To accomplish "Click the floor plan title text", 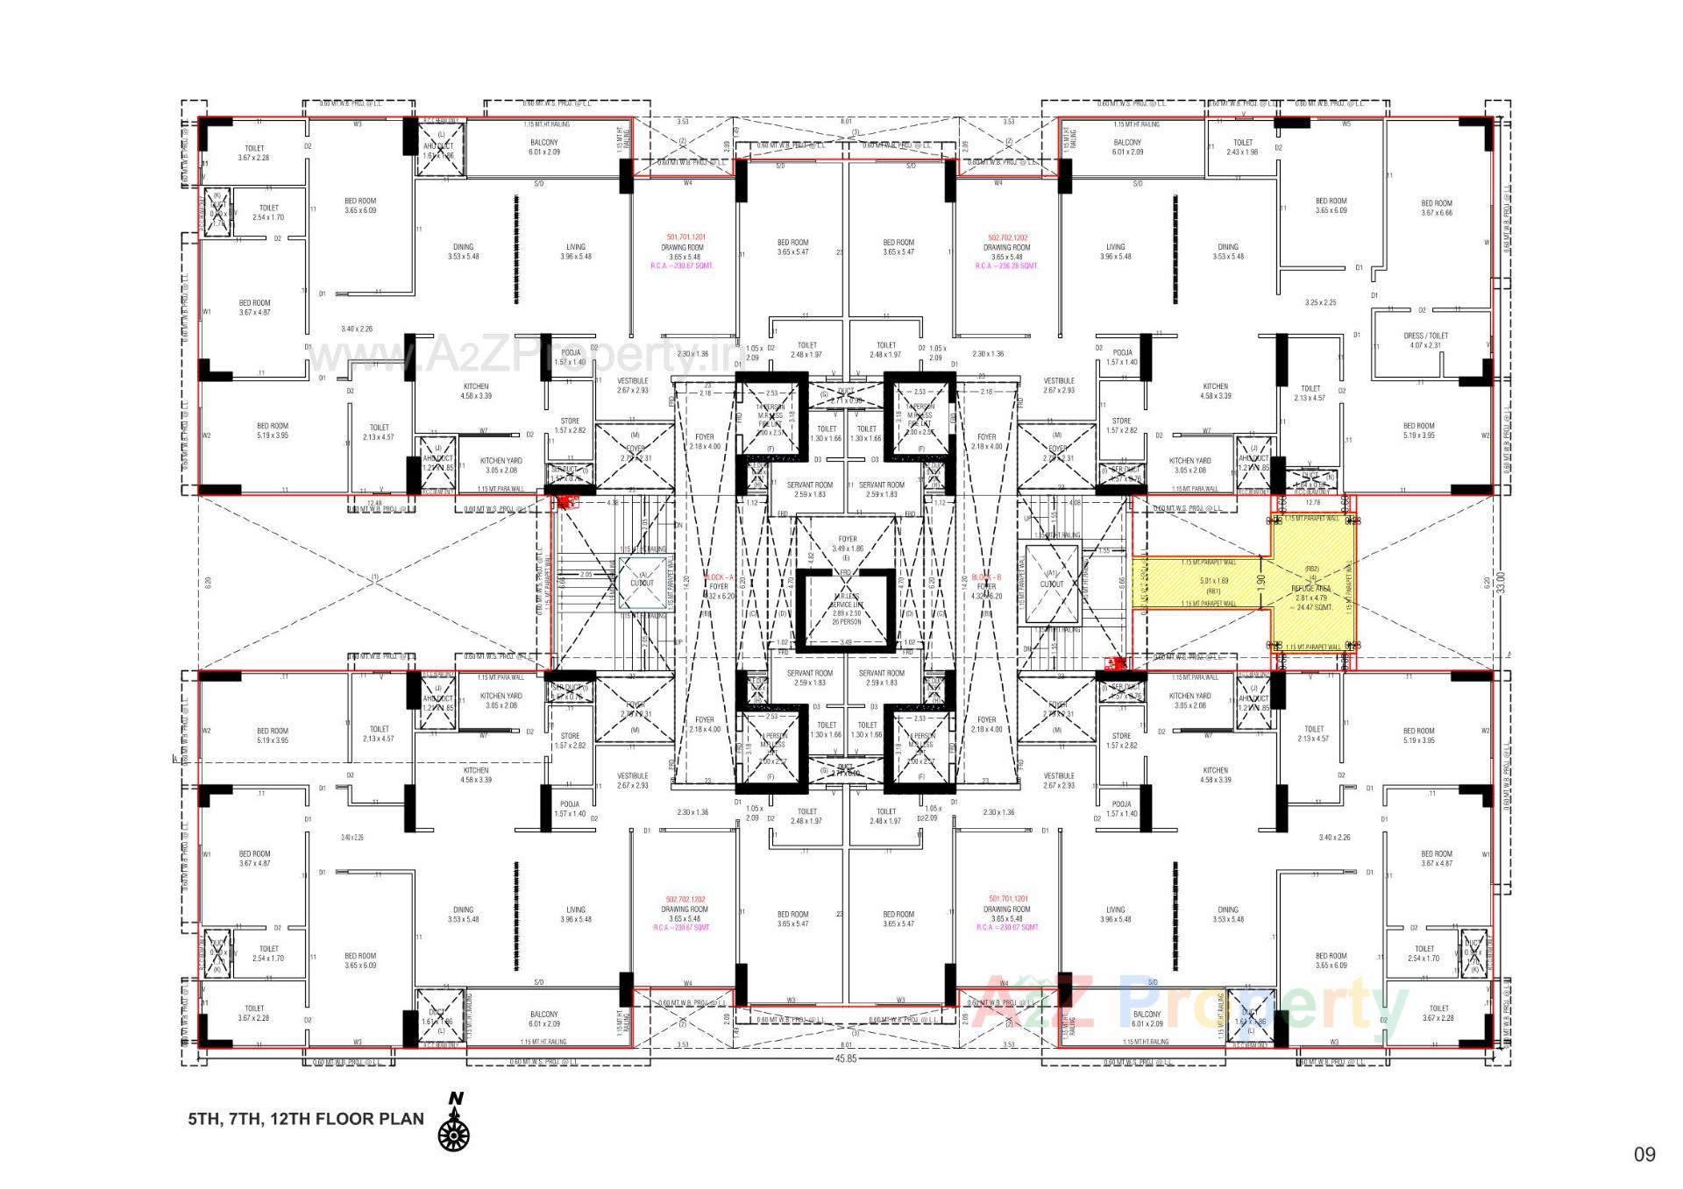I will point(305,1119).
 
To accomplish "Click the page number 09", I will point(1644,1155).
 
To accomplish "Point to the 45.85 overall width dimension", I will point(846,1058).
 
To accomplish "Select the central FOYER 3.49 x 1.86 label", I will point(847,544).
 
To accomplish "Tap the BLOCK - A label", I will point(718,577).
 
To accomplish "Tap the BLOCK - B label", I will point(987,577).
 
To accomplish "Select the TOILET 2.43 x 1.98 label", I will point(1243,147).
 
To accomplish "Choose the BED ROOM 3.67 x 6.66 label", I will point(1436,208).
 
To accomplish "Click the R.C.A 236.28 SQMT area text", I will point(1006,265).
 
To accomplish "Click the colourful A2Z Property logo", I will point(1192,1003).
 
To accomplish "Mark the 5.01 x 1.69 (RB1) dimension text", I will point(1214,585).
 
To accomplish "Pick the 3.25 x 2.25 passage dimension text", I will point(1320,302).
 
